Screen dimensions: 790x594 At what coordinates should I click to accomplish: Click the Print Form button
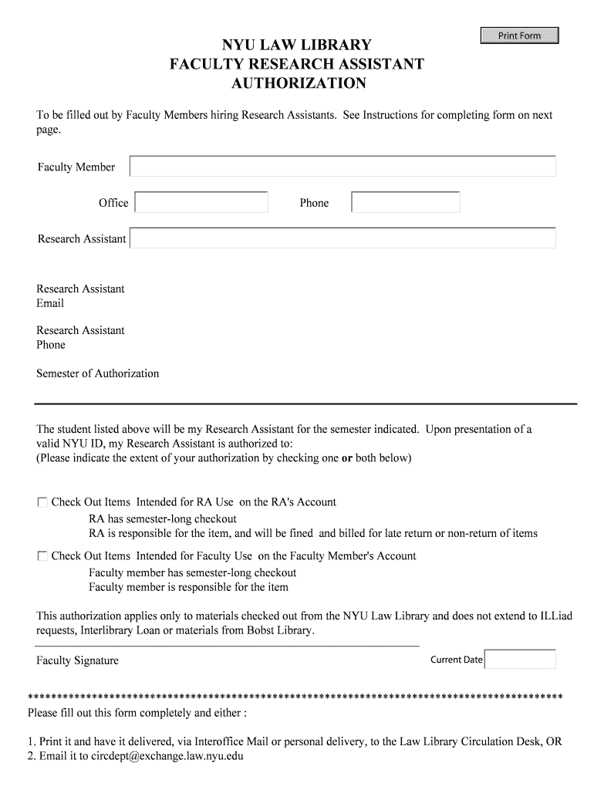pyautogui.click(x=519, y=35)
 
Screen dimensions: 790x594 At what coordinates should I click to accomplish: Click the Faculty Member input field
pyautogui.click(x=343, y=167)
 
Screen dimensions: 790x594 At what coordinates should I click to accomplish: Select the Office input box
pyautogui.click(x=201, y=203)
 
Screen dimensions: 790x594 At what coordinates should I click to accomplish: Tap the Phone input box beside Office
pyautogui.click(x=406, y=203)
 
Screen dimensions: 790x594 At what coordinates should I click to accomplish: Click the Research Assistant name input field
pyautogui.click(x=343, y=238)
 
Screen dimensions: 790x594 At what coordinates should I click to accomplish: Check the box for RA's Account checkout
pyautogui.click(x=42, y=502)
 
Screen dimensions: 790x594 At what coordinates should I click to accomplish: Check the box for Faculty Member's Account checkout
pyautogui.click(x=42, y=556)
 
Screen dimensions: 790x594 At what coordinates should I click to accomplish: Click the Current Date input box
pyautogui.click(x=520, y=660)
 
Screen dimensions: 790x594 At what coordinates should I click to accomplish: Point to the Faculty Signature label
pyautogui.click(x=78, y=661)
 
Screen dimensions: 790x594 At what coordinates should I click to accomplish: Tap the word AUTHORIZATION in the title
pyautogui.click(x=299, y=83)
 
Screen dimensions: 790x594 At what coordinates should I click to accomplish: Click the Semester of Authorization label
pyautogui.click(x=98, y=373)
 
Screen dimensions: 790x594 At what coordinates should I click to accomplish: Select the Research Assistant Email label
pyautogui.click(x=80, y=296)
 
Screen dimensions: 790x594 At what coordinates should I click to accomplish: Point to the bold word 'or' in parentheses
pyautogui.click(x=346, y=458)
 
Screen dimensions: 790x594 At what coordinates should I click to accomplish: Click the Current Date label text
pyautogui.click(x=456, y=660)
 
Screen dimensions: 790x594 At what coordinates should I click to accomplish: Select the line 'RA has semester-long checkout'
pyautogui.click(x=163, y=518)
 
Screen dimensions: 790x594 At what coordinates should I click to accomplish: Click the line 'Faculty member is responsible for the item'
pyautogui.click(x=188, y=588)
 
